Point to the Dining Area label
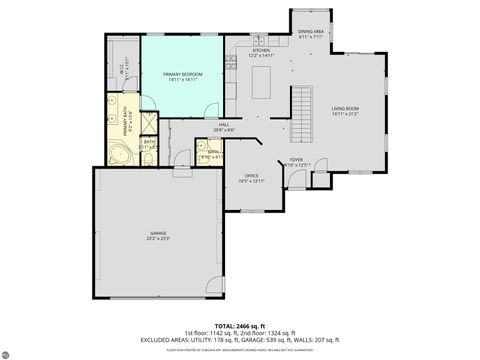310,31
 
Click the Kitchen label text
261,50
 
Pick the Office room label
252,175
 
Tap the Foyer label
297,158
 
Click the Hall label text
224,124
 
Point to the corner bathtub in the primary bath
116,154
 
